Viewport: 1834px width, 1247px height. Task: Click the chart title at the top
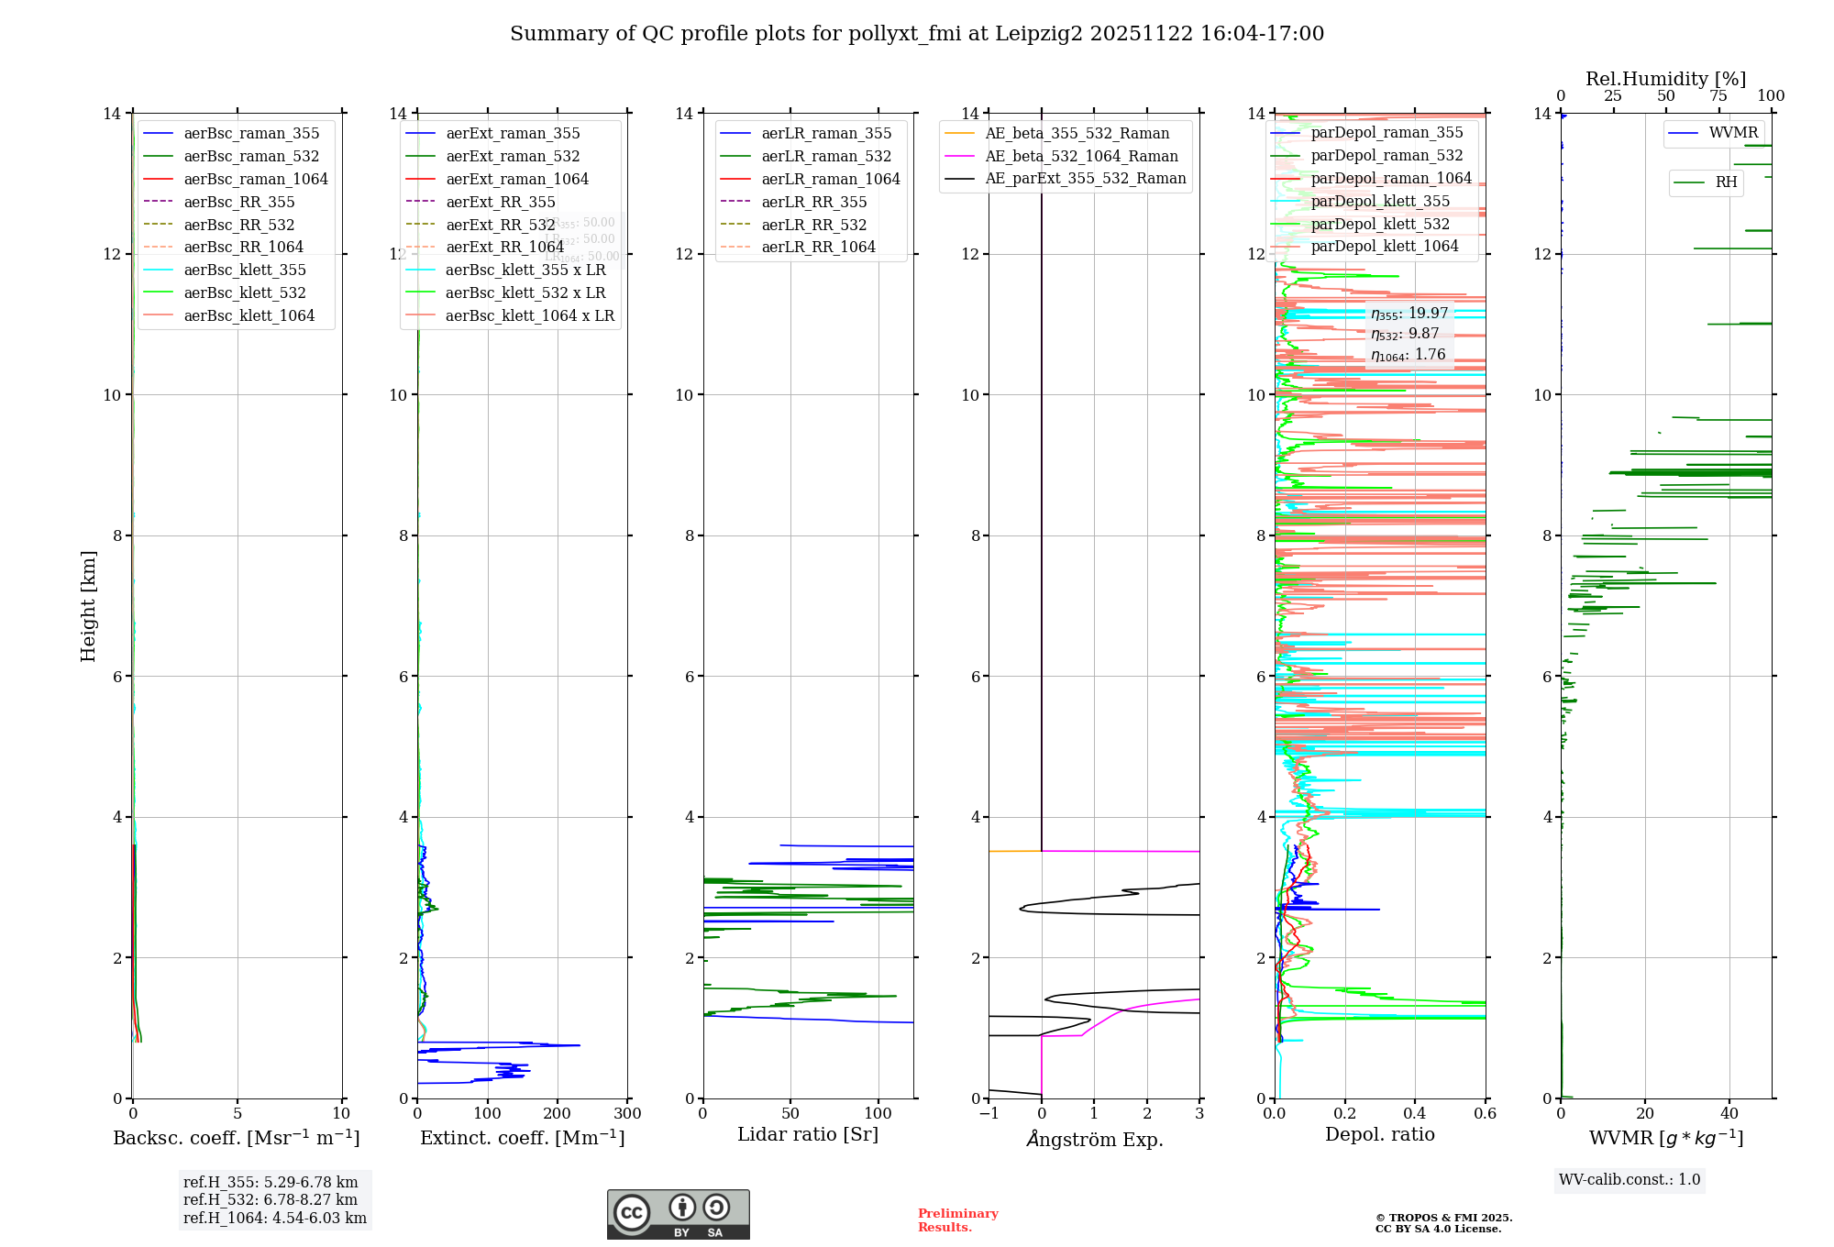(x=917, y=34)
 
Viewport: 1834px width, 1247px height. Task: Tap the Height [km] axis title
(x=88, y=605)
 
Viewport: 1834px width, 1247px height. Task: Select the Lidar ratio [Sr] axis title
(x=808, y=1134)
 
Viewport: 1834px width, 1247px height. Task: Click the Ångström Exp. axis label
(x=1094, y=1139)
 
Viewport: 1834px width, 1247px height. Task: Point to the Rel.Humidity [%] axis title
(x=1665, y=79)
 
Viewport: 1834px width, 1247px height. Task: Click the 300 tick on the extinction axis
(x=627, y=1114)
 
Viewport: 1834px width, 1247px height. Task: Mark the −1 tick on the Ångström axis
(x=988, y=1114)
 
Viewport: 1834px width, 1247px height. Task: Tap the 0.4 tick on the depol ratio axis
(x=1415, y=1114)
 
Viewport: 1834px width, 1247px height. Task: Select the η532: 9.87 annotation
(x=1405, y=334)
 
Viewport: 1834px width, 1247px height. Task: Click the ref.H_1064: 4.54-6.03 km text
(x=274, y=1218)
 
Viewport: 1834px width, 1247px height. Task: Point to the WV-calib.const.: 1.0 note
(x=1630, y=1180)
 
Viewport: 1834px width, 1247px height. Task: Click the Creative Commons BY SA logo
(x=678, y=1215)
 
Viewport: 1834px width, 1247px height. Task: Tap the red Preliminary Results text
(x=957, y=1220)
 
